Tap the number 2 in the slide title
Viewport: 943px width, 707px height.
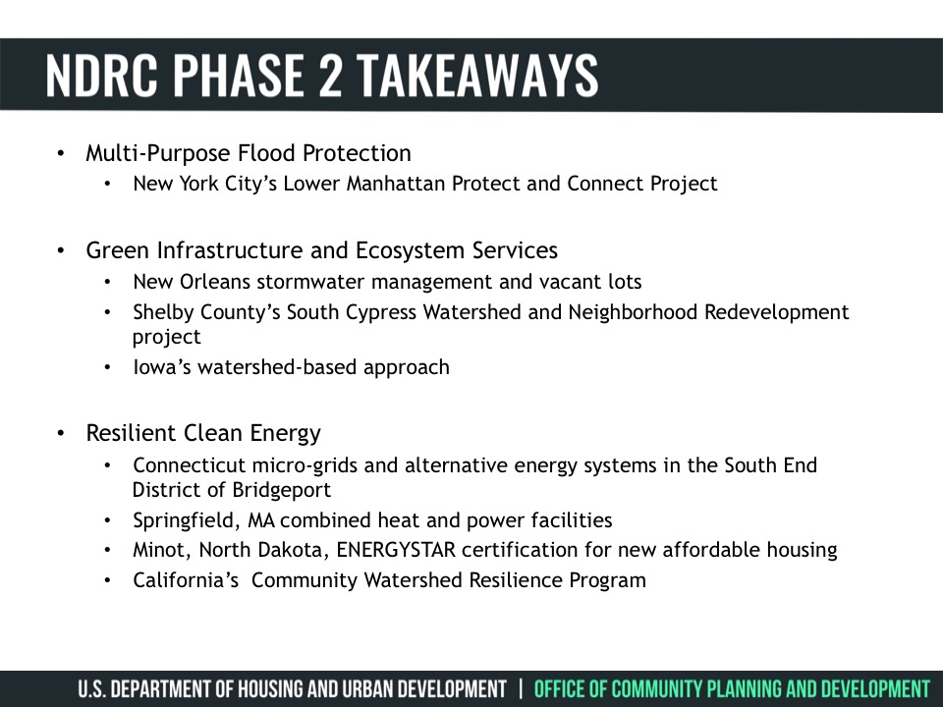330,76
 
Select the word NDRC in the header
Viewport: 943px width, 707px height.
101,76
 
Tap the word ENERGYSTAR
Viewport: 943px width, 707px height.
396,550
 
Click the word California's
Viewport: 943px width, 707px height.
186,580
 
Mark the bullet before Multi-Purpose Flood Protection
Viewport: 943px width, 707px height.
61,153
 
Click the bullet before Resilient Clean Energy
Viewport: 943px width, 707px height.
61,433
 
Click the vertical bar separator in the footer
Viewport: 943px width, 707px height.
521,689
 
